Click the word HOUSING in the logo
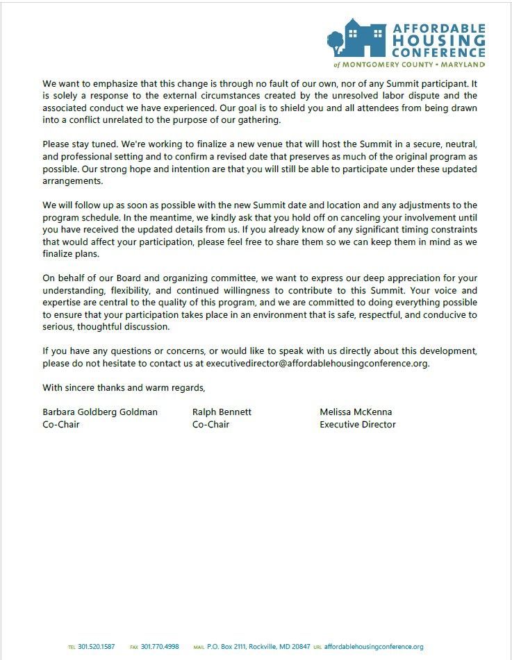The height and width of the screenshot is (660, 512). click(x=439, y=40)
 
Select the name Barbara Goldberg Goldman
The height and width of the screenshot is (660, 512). click(x=100, y=412)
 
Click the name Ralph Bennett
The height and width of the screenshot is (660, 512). click(x=222, y=412)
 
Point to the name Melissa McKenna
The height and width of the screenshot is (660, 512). click(x=356, y=412)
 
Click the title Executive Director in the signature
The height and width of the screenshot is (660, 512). click(x=358, y=424)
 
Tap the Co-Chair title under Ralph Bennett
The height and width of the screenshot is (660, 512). click(x=210, y=424)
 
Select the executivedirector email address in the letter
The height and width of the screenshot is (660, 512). click(x=317, y=363)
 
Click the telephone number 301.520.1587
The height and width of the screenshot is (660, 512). click(x=97, y=647)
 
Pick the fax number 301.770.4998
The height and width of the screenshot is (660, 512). click(x=160, y=647)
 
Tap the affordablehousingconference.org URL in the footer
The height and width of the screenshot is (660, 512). click(x=374, y=647)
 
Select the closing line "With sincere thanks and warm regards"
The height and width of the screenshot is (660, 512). click(x=124, y=387)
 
